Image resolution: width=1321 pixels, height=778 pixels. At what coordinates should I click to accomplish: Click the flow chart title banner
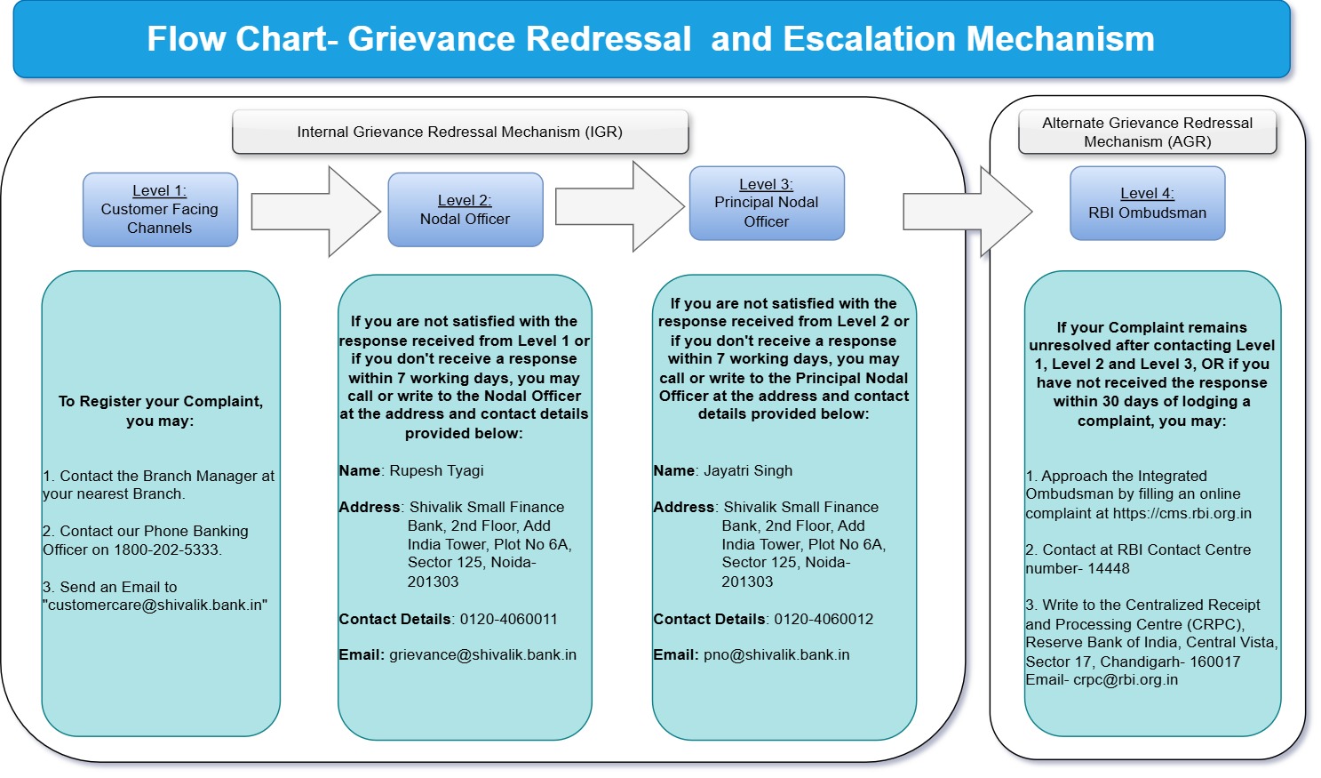(651, 39)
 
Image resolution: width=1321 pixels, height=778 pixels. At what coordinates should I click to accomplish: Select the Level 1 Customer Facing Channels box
(160, 210)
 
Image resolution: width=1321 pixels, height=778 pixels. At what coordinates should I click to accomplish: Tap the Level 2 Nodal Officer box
(465, 210)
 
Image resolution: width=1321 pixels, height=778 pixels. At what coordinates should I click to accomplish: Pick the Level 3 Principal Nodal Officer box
(766, 204)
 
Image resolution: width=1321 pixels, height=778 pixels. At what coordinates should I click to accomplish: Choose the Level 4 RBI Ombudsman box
(1147, 204)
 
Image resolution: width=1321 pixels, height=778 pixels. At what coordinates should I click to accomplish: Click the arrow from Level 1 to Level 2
(315, 212)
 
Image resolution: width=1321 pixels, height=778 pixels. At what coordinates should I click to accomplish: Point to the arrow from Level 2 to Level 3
(619, 206)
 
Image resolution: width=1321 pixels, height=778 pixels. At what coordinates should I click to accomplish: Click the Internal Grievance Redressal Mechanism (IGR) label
(459, 132)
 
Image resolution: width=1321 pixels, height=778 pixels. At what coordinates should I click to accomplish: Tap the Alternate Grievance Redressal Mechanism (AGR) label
(1147, 132)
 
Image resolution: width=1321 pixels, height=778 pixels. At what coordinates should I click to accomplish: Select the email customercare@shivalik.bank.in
(156, 605)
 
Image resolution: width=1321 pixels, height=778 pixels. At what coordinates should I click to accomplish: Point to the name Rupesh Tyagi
(436, 470)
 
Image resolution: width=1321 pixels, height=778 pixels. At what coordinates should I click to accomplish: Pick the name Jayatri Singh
(747, 470)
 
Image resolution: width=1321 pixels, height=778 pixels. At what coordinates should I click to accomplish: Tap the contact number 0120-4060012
(823, 619)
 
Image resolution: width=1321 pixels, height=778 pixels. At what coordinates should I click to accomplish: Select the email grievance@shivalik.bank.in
(482, 655)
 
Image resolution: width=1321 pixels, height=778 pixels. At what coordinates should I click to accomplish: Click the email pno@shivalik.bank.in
(776, 655)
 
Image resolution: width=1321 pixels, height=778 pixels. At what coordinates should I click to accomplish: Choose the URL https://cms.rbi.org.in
(1182, 513)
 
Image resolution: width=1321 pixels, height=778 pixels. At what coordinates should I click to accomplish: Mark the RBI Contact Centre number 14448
(1108, 568)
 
